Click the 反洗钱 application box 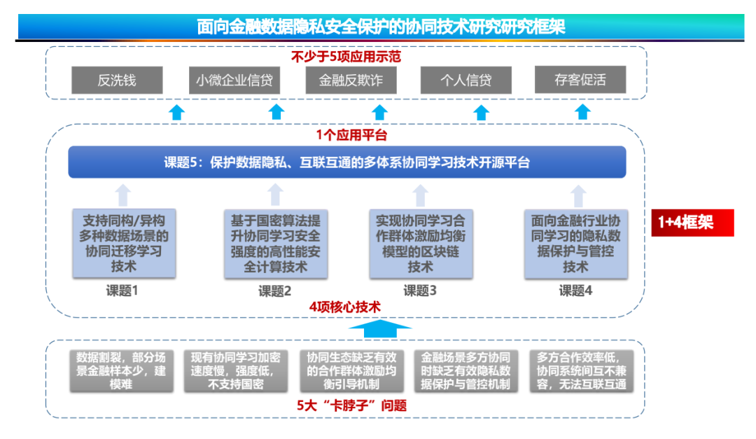[x=117, y=80]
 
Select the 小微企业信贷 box [x=234, y=80]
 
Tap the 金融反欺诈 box [x=351, y=80]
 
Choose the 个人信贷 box [x=465, y=80]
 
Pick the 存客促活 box [x=580, y=80]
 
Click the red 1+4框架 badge [x=692, y=223]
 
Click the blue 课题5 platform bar [x=347, y=162]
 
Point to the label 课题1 [x=122, y=291]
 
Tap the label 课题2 [x=275, y=291]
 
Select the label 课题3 [x=420, y=291]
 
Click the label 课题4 [x=575, y=291]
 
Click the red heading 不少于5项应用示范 [x=346, y=57]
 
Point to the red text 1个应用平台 [x=351, y=135]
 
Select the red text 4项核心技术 [x=344, y=307]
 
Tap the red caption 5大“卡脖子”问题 [x=352, y=405]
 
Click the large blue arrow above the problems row [x=380, y=328]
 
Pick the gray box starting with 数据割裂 [x=121, y=370]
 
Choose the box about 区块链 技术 [x=421, y=244]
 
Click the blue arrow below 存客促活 [x=582, y=112]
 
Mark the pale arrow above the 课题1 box [x=123, y=195]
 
